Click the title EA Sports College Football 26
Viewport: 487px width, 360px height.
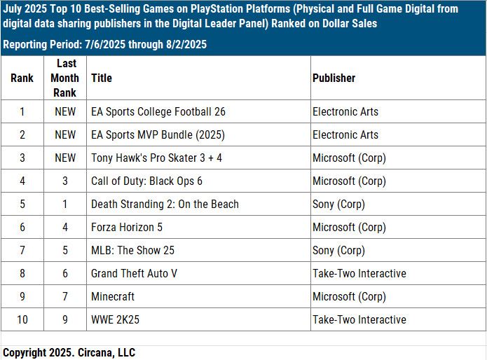pyautogui.click(x=158, y=111)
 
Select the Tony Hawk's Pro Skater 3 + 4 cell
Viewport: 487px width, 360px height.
pyautogui.click(x=156, y=158)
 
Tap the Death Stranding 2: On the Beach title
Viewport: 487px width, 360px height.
pyautogui.click(x=165, y=204)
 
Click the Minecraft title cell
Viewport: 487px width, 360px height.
pyautogui.click(x=113, y=296)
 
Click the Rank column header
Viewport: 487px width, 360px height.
pyautogui.click(x=22, y=78)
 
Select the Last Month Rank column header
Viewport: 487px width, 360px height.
pyautogui.click(x=65, y=78)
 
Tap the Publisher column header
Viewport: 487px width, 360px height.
pyautogui.click(x=334, y=78)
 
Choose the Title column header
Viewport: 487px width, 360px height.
pyautogui.click(x=102, y=78)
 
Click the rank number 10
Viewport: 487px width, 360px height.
pyautogui.click(x=22, y=319)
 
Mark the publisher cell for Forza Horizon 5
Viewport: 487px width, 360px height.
pyautogui.click(x=349, y=227)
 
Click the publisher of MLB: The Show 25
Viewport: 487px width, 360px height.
pyautogui.click(x=338, y=250)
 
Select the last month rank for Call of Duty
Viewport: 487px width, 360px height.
pyautogui.click(x=65, y=181)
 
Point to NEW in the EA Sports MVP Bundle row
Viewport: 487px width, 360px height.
pyautogui.click(x=65, y=134)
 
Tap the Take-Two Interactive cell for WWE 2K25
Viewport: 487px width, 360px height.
pyautogui.click(x=359, y=319)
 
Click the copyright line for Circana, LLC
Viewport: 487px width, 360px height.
pyautogui.click(x=69, y=352)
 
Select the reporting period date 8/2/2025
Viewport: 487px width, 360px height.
pyautogui.click(x=184, y=44)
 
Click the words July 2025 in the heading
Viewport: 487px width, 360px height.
pyautogui.click(x=26, y=9)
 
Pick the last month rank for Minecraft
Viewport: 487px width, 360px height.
pyautogui.click(x=65, y=296)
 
